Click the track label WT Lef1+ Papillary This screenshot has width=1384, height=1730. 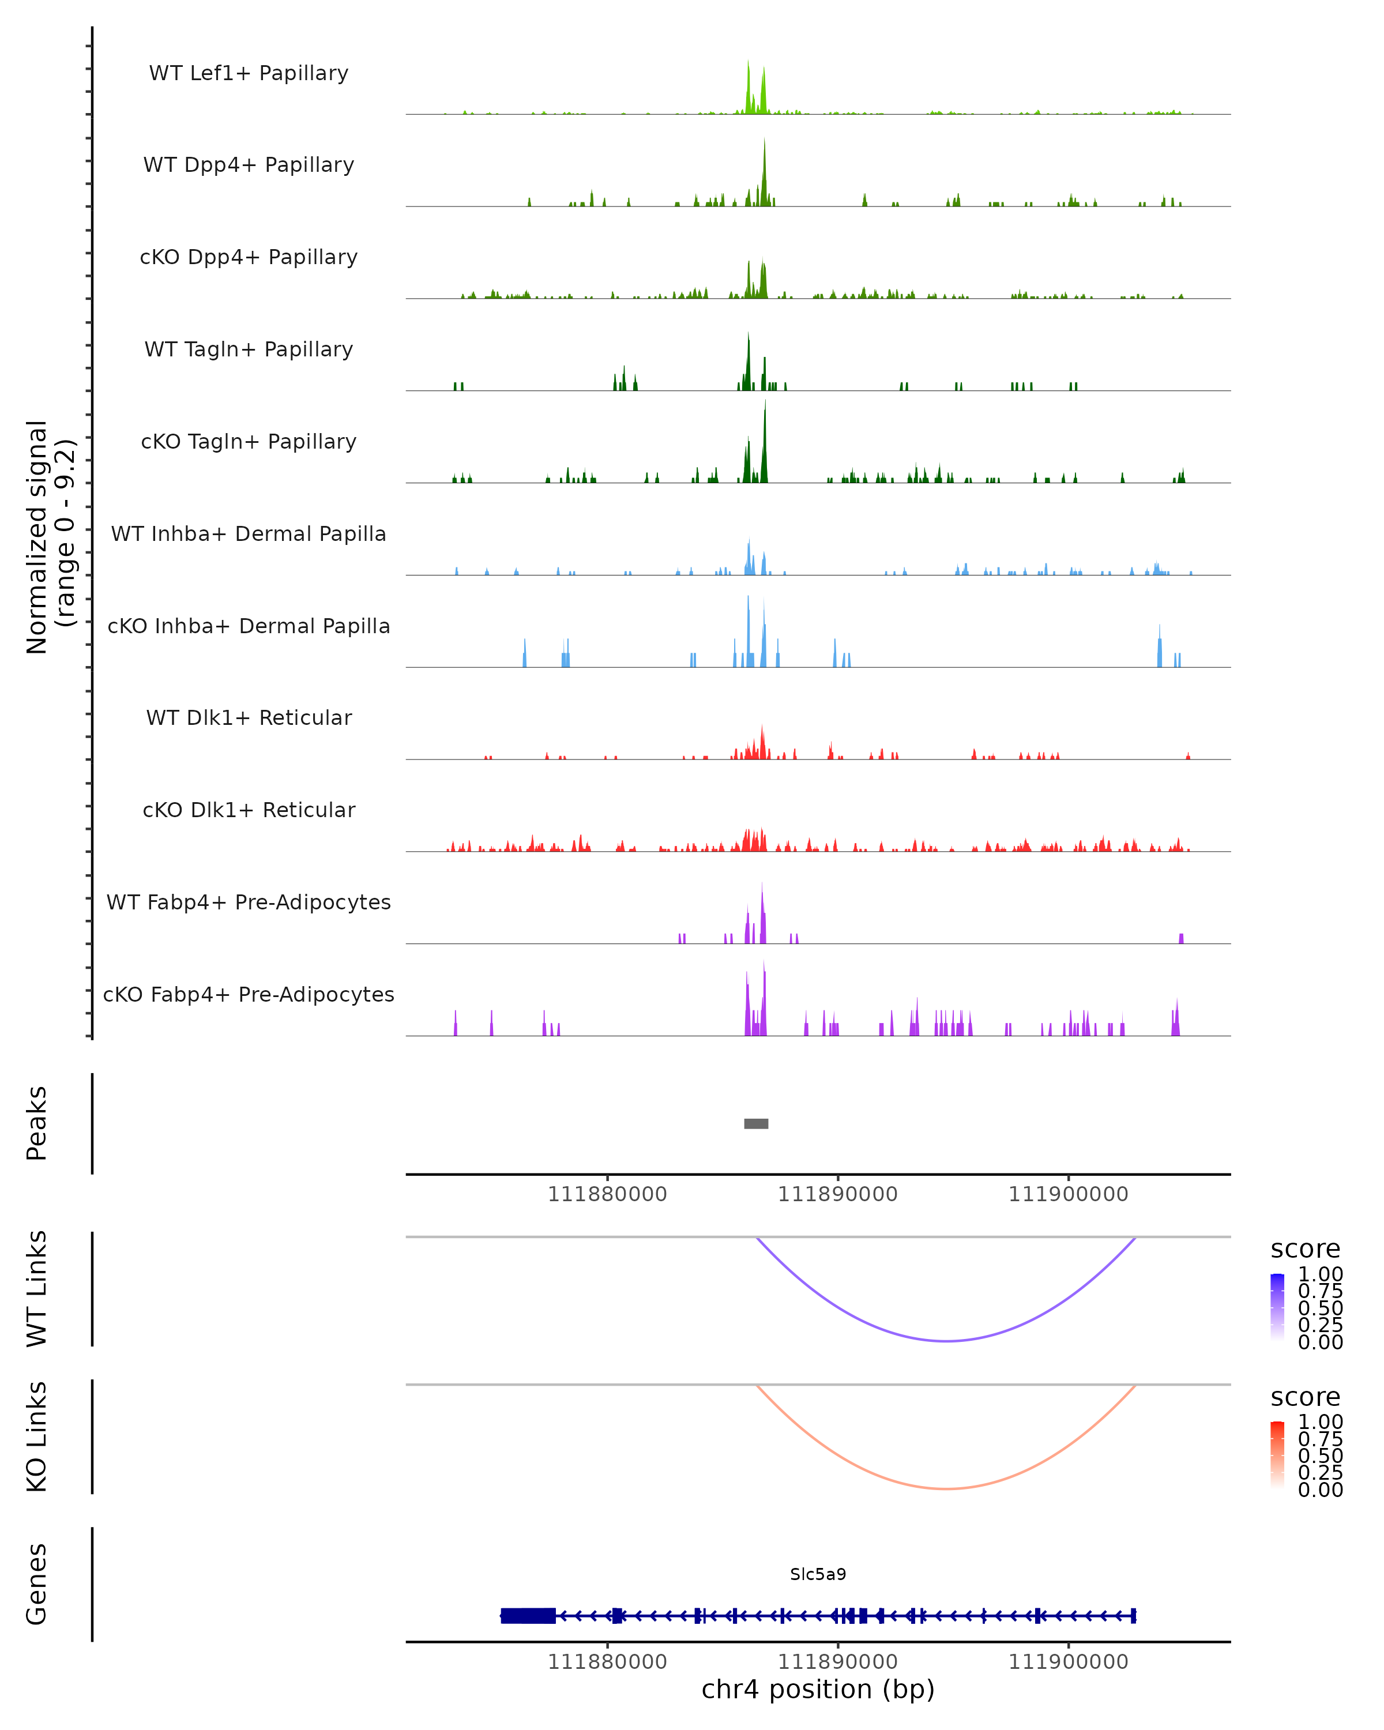[249, 73]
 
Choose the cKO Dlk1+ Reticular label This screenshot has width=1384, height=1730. [249, 810]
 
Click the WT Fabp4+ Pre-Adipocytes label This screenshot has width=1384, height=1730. [249, 902]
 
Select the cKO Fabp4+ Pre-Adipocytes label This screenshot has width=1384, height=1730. [249, 994]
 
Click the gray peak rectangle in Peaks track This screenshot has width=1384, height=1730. [756, 1123]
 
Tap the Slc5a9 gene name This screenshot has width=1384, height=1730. [818, 1574]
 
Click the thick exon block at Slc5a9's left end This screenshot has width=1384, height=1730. [528, 1615]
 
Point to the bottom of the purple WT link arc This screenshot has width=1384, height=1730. [947, 1340]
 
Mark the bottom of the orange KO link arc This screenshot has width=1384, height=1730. [947, 1488]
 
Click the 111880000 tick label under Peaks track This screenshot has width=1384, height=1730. [607, 1194]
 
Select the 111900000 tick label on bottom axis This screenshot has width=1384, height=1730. [1068, 1662]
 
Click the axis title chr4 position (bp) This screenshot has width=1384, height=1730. [818, 1690]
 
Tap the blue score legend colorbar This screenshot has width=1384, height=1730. [1277, 1307]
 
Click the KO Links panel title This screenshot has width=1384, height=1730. [37, 1436]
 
